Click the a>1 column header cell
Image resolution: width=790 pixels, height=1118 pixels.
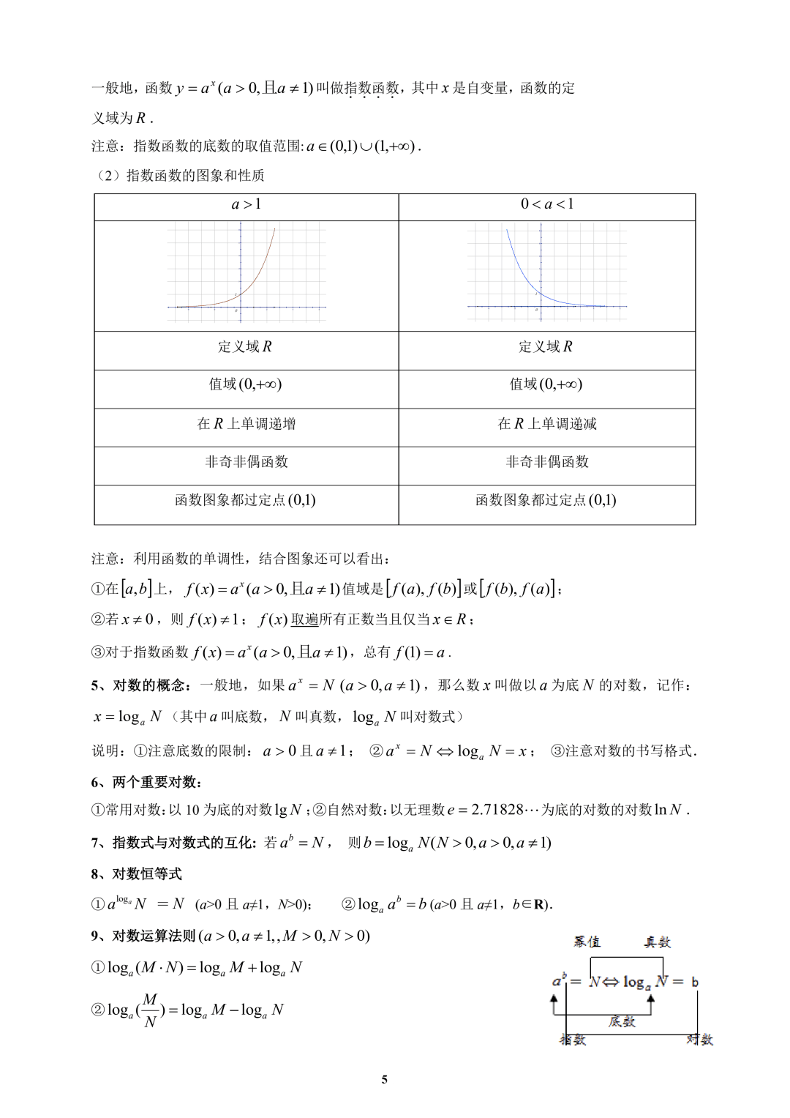click(247, 205)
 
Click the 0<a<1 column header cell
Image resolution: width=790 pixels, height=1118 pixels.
click(547, 205)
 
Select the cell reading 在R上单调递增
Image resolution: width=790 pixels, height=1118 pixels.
click(247, 424)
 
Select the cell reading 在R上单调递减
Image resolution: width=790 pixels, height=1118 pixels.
click(547, 424)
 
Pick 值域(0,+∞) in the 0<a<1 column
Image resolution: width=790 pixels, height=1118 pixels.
click(546, 384)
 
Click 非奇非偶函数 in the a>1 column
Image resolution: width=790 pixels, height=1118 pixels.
click(247, 462)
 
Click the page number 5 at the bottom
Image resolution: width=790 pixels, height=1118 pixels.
click(385, 1079)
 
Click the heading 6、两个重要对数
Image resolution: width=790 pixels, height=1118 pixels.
click(146, 782)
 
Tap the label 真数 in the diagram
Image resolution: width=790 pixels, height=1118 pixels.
click(658, 942)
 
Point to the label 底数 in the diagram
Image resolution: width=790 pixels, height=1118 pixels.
click(622, 1021)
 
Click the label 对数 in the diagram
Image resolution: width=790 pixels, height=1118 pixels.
click(699, 1040)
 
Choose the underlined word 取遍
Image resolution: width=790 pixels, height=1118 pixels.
click(304, 620)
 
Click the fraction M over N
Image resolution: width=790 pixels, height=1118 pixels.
click(150, 1010)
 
